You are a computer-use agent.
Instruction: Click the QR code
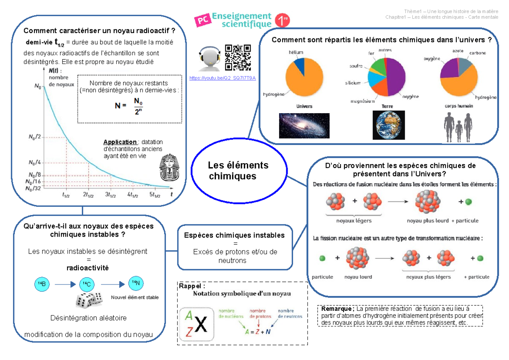pyautogui.click(x=238, y=58)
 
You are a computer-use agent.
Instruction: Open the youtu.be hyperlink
pyautogui.click(x=222, y=78)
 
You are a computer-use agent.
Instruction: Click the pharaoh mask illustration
pyautogui.click(x=170, y=167)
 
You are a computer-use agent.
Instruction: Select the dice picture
pyautogui.click(x=89, y=300)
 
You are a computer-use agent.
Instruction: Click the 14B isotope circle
pyautogui.click(x=42, y=284)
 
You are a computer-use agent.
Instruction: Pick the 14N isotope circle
pyautogui.click(x=136, y=283)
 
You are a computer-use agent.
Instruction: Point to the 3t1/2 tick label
pyautogui.click(x=110, y=195)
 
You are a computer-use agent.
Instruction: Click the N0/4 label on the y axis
pyautogui.click(x=34, y=163)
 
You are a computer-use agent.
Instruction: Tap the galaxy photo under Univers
pyautogui.click(x=304, y=126)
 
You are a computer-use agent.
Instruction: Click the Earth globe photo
pyautogui.click(x=389, y=125)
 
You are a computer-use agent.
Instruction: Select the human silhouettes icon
pyautogui.click(x=458, y=128)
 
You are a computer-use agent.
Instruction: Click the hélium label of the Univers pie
pyautogui.click(x=296, y=52)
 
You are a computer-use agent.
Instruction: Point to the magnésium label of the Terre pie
pyautogui.click(x=362, y=101)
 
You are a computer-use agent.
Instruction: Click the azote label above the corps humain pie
pyautogui.click(x=458, y=51)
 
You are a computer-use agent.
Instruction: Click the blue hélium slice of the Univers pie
pyautogui.click(x=300, y=65)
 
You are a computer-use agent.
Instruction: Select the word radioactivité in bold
pyautogui.click(x=87, y=268)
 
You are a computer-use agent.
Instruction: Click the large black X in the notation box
pyautogui.click(x=201, y=324)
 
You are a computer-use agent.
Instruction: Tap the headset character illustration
pyautogui.click(x=209, y=59)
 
